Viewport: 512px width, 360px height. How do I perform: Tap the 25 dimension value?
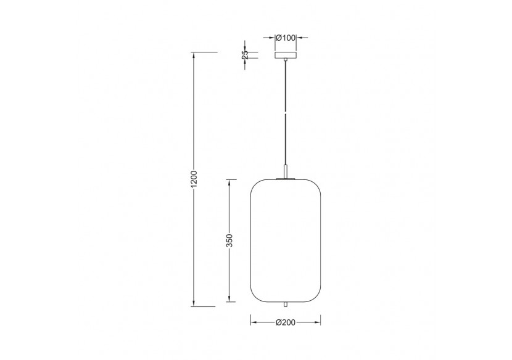(245, 55)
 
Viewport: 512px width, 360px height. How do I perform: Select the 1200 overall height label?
(194, 179)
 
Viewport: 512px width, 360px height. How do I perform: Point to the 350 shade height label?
(229, 240)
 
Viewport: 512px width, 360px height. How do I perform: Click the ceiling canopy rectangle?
(285, 55)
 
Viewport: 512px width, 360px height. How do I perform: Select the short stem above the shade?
(285, 171)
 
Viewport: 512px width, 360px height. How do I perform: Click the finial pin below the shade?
(285, 305)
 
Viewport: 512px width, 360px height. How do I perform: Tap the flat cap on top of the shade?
(285, 179)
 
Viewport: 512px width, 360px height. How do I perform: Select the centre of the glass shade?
(285, 240)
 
